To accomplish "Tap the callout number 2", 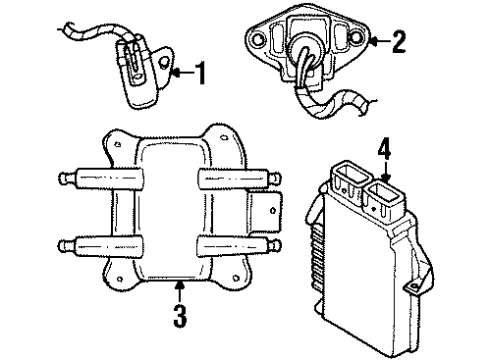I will (x=399, y=41).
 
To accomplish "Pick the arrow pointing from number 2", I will (x=375, y=41).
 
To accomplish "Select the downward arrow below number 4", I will (x=383, y=176).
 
